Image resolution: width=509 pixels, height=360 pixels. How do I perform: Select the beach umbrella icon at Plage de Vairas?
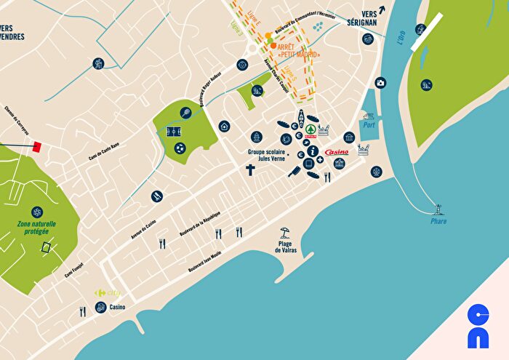click(286, 233)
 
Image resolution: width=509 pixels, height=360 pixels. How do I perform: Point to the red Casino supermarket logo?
click(337, 152)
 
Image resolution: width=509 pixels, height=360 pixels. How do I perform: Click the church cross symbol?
click(250, 171)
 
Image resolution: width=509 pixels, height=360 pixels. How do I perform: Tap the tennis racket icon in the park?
click(185, 113)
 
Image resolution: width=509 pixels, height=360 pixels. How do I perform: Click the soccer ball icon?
click(180, 148)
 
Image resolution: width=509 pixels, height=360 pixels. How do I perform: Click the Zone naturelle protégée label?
click(37, 228)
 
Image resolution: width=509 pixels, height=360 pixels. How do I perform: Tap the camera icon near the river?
click(380, 83)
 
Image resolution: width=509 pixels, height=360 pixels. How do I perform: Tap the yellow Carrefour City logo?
click(106, 292)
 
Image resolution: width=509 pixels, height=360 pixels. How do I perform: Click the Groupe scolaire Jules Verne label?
click(268, 156)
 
